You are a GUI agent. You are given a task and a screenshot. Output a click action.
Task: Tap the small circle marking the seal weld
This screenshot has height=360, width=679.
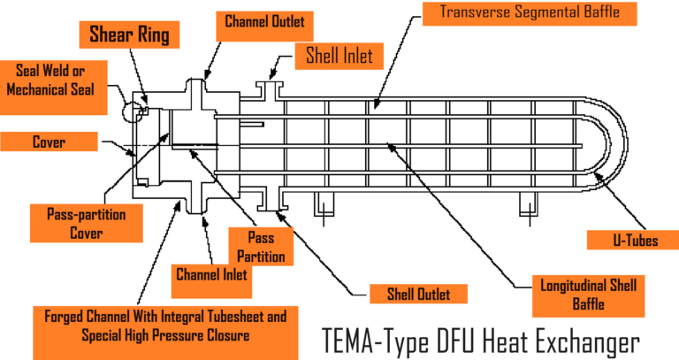(x=135, y=110)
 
